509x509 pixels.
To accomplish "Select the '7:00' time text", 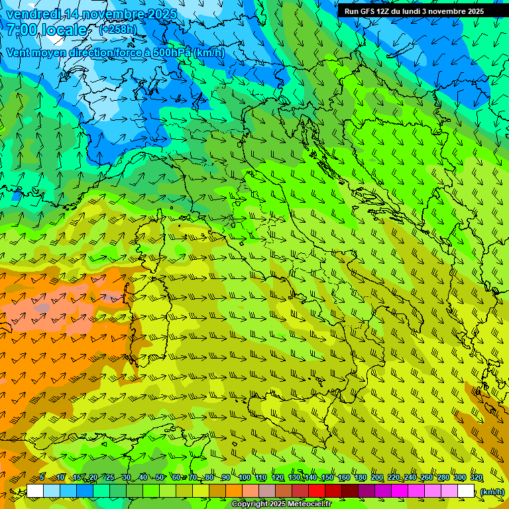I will point(23,30).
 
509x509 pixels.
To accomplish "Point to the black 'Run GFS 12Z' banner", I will point(414,11).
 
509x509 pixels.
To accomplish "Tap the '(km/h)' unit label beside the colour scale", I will point(492,491).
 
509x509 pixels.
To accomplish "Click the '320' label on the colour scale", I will point(477,477).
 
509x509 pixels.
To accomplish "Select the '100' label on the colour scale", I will point(244,477).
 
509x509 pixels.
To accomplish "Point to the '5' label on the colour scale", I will point(41,477).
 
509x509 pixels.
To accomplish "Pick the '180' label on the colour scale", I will point(360,477).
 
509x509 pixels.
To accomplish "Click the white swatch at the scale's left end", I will point(35,491).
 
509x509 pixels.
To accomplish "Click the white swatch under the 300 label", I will point(466,491).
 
